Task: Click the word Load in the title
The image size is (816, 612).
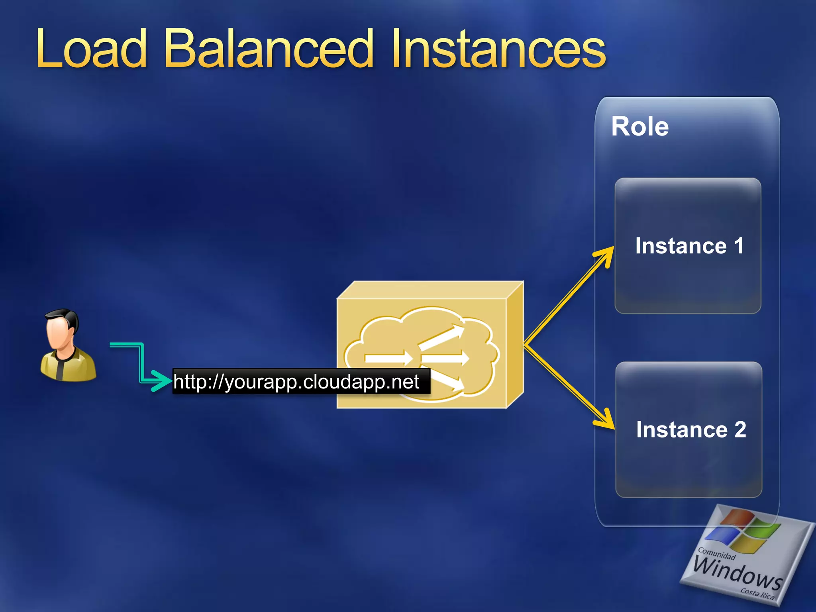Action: point(92,50)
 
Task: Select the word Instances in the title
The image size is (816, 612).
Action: point(498,50)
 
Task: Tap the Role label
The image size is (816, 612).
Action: point(640,127)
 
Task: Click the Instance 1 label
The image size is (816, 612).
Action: point(689,245)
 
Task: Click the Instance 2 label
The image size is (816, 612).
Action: point(691,430)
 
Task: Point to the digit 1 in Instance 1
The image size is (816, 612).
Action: point(739,245)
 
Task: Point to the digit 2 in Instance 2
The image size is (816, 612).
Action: point(740,430)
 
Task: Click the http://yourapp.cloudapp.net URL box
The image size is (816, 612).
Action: point(301,382)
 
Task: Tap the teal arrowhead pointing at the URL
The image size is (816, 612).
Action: point(161,381)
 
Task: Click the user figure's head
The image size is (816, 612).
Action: point(61,329)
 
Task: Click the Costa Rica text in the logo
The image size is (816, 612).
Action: point(757,594)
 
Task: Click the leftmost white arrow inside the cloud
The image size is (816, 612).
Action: point(388,358)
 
